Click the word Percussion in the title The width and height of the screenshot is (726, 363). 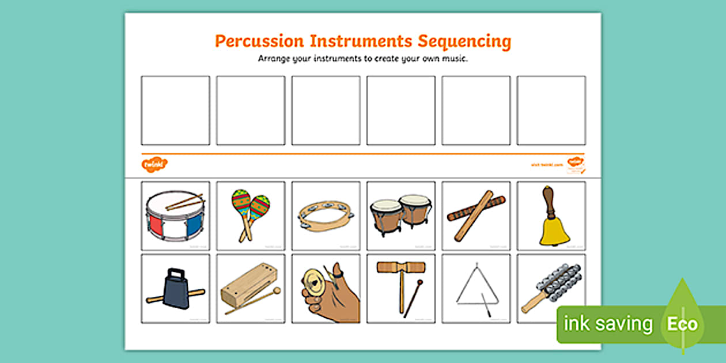click(259, 41)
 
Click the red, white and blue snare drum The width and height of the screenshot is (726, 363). click(175, 217)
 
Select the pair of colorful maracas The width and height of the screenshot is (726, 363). click(250, 213)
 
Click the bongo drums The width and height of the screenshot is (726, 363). click(400, 215)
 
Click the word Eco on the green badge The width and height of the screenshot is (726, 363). click(682, 324)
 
